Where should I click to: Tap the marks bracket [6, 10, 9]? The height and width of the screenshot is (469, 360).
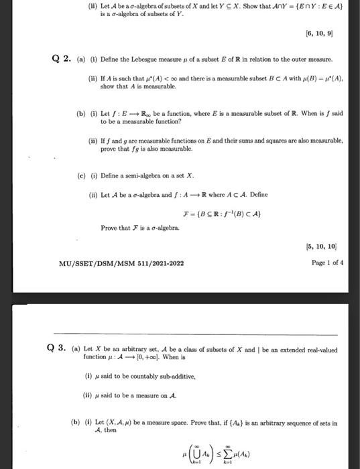(327, 32)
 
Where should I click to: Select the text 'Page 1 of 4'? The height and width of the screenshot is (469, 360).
(327, 263)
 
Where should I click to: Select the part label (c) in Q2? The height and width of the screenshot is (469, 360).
(81, 176)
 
